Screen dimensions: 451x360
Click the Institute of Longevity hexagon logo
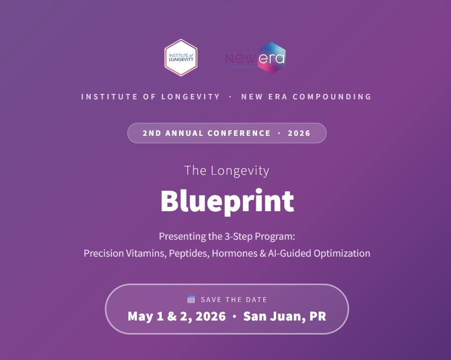[x=181, y=57]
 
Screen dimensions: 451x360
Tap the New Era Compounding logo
[x=255, y=58]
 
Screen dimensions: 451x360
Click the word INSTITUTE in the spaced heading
[x=109, y=96]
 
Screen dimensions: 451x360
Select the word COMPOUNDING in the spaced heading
[x=332, y=96]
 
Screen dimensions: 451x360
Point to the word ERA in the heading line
[x=278, y=96]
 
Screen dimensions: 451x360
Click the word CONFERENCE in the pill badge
[x=239, y=133]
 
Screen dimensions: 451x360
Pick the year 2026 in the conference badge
[x=299, y=133]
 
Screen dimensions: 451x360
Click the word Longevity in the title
[x=240, y=171]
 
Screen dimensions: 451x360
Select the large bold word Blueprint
[x=227, y=201]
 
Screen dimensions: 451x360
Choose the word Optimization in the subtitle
[x=342, y=253]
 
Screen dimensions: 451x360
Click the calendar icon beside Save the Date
[x=191, y=299]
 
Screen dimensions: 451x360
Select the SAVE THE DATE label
[x=234, y=300]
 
